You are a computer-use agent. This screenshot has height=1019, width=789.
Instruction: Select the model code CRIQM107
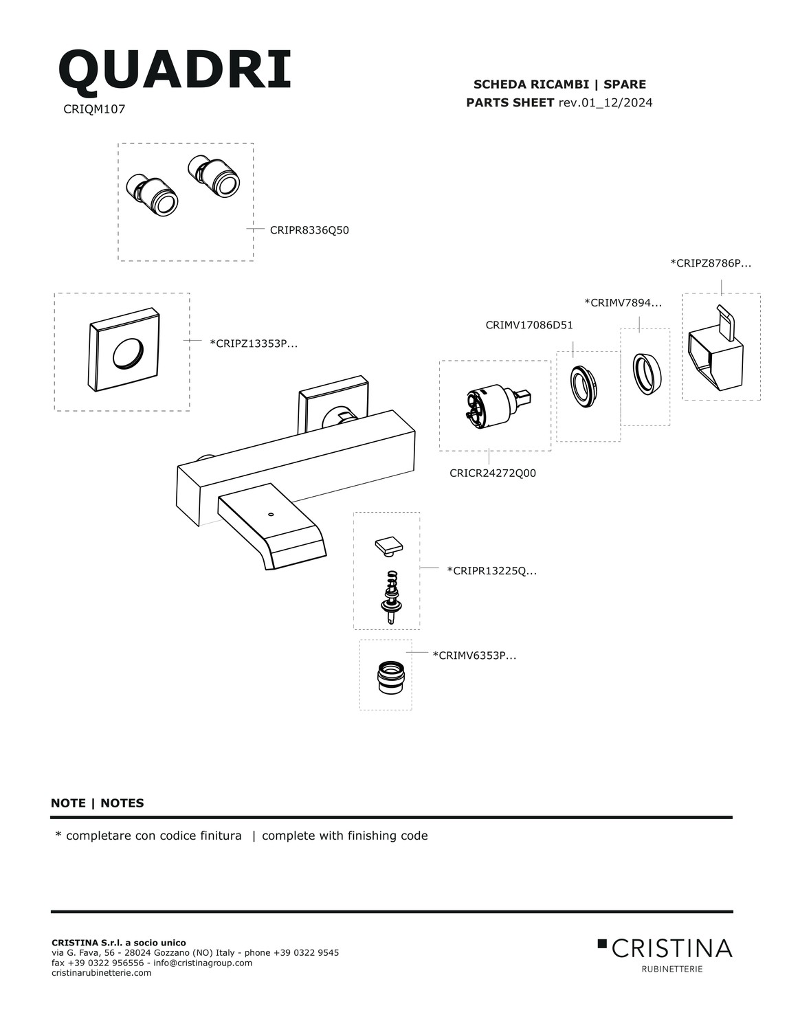coord(94,109)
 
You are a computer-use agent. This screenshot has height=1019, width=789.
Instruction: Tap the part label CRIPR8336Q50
coord(309,230)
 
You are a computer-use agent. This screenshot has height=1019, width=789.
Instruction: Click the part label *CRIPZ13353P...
coord(254,344)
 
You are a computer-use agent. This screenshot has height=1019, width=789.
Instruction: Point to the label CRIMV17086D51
coord(529,325)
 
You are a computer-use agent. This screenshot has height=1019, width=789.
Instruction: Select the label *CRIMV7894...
coord(623,302)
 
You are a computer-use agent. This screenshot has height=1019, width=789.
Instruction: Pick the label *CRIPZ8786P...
coord(711,263)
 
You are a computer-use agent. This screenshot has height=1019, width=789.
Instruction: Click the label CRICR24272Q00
coord(493,473)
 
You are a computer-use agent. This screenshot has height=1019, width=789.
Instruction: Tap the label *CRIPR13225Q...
coord(491,571)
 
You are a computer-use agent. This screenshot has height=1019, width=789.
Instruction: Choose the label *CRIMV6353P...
coord(474,655)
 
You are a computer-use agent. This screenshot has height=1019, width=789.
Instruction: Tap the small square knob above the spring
coord(389,547)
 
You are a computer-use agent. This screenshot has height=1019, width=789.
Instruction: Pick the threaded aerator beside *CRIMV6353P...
coord(391,677)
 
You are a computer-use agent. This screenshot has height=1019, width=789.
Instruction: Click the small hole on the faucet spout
coord(270,515)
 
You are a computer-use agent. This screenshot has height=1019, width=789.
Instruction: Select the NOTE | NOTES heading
coord(97,803)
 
